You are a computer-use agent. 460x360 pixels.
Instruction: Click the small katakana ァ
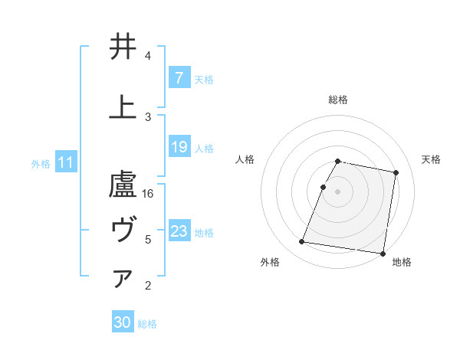click(123, 280)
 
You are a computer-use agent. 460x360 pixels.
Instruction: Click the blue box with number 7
click(179, 78)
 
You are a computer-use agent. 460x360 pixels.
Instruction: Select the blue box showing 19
click(179, 147)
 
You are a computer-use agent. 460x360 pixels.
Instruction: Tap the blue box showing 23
click(179, 231)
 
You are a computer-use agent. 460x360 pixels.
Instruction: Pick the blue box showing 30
click(123, 322)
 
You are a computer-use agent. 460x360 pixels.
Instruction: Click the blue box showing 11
click(66, 162)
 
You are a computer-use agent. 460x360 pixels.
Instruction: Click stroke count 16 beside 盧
click(149, 194)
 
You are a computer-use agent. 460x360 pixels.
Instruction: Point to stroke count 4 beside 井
click(148, 56)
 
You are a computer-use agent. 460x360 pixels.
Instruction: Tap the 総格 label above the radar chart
click(338, 100)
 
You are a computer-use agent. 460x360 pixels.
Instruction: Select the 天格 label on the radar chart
click(432, 159)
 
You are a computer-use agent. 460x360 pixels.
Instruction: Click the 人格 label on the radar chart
click(245, 159)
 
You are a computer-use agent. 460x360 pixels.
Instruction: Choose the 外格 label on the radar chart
click(269, 262)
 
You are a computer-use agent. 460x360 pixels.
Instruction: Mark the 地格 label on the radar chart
click(402, 262)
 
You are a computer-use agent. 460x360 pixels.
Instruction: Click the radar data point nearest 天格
click(396, 173)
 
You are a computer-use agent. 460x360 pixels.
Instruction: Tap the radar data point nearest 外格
click(302, 242)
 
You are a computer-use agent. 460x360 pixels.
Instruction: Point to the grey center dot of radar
click(338, 191)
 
